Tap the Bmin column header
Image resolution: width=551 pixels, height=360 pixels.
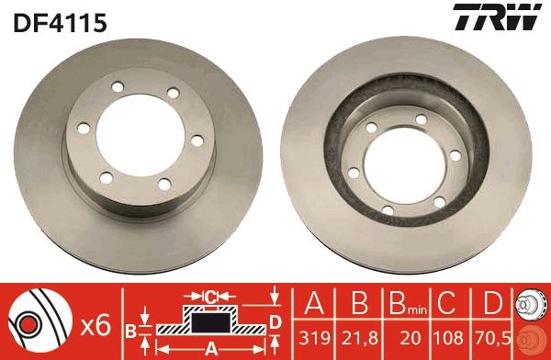pyautogui.click(x=403, y=303)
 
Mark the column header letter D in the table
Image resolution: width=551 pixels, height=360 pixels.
pyautogui.click(x=492, y=302)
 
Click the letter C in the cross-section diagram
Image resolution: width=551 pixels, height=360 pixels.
pyautogui.click(x=210, y=296)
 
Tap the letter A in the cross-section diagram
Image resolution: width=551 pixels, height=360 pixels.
pyautogui.click(x=211, y=348)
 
